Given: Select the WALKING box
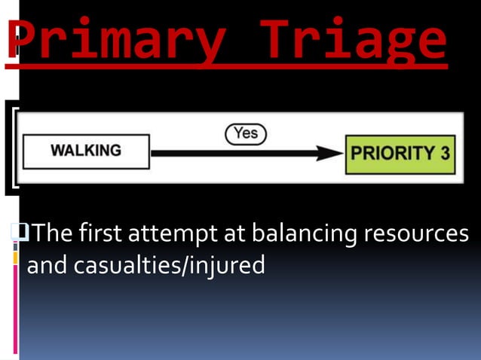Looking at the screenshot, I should pyautogui.click(x=86, y=151).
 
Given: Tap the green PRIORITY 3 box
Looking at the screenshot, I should pyautogui.click(x=400, y=154).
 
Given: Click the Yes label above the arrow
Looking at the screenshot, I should pyautogui.click(x=246, y=133).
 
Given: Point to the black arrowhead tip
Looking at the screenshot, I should pyautogui.click(x=342, y=153).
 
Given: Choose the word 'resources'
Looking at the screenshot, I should pyautogui.click(x=416, y=234).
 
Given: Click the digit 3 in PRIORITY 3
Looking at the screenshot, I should pyautogui.click(x=445, y=154).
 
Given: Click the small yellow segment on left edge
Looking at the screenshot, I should pyautogui.click(x=15, y=258).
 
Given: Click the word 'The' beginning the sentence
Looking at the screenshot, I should pyautogui.click(x=52, y=234).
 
